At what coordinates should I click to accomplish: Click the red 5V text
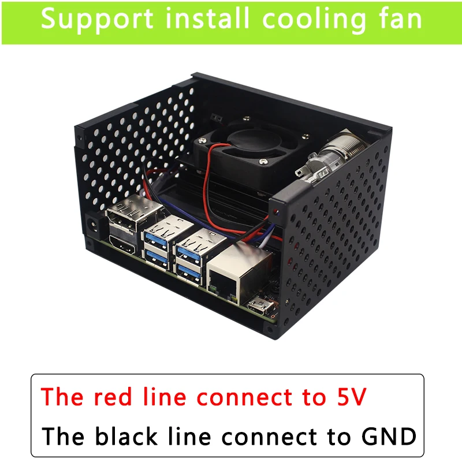352,397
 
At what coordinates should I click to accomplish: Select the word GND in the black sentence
389,437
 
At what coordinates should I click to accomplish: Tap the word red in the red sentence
113,397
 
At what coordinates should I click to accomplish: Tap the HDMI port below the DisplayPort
122,245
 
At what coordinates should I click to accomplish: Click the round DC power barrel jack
94,226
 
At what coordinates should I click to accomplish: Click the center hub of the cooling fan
252,141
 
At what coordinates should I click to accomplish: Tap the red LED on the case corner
275,211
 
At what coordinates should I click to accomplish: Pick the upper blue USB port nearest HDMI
156,237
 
